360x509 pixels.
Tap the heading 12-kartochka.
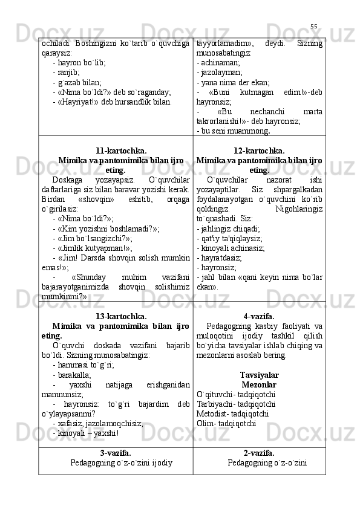259,151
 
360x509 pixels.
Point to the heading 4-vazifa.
259,316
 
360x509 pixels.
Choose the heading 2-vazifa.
259,453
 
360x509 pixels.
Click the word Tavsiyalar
259,375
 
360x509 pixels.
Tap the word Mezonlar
259,384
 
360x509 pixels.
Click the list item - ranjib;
66,73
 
